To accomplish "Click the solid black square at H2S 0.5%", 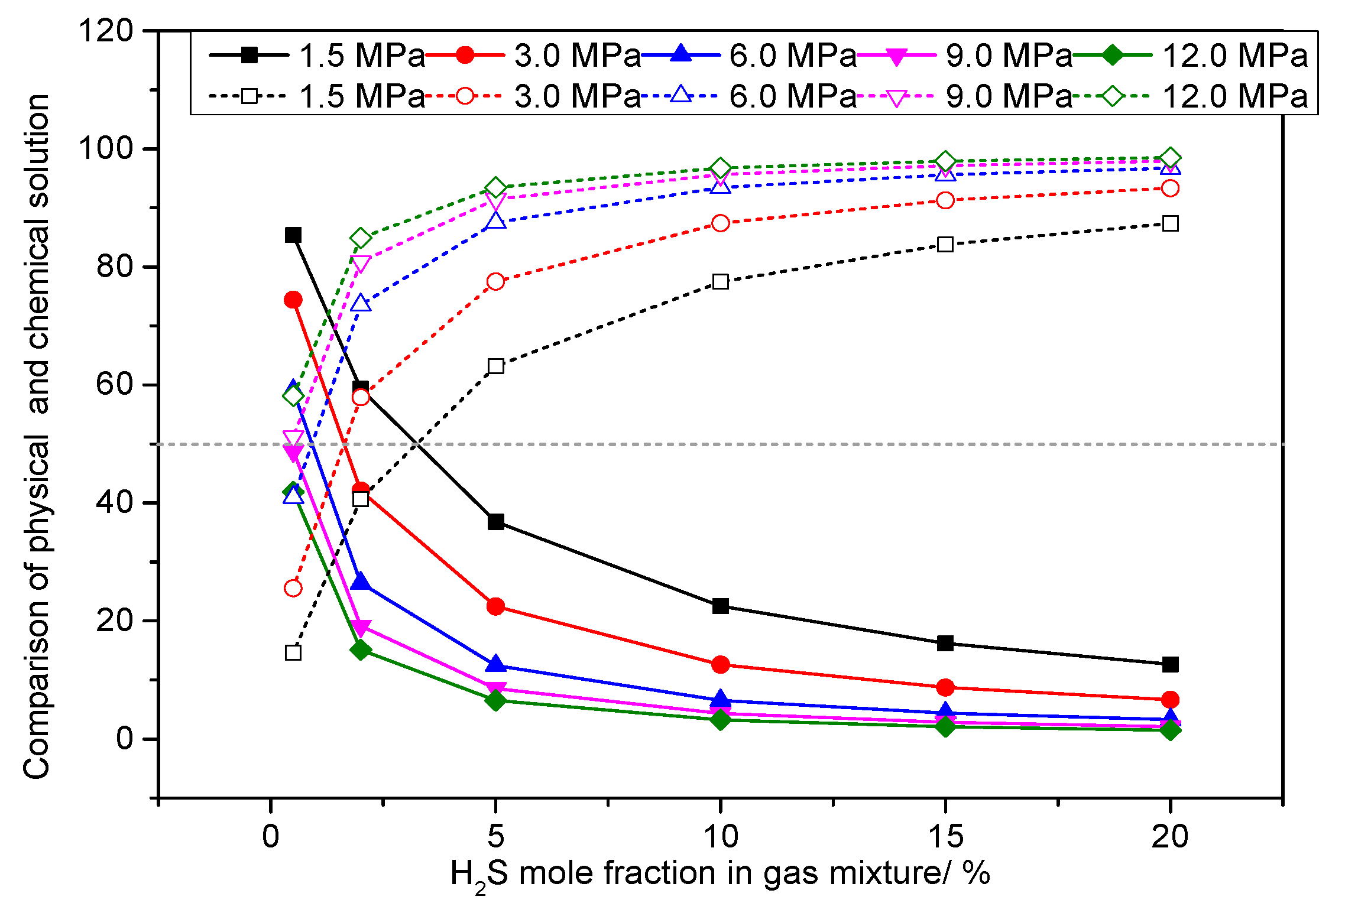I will (293, 235).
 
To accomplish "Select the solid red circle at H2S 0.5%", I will (293, 300).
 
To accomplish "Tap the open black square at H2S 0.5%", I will (293, 652).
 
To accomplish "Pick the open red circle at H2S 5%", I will (496, 281).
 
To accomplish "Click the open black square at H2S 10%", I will (720, 281).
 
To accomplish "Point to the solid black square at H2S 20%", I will (1170, 665).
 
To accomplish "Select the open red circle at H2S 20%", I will (1170, 188).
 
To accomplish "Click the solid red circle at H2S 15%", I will (945, 687).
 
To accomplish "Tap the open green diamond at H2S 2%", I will (361, 238).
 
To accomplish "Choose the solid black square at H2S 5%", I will (496, 522).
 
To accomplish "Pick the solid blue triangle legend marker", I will (681, 54).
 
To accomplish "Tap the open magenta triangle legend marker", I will (897, 97).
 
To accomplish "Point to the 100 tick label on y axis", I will (106, 148).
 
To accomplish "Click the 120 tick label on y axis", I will (106, 30).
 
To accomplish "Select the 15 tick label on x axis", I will (945, 836).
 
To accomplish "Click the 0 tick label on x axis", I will (271, 836).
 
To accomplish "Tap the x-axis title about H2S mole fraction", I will (720, 875).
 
